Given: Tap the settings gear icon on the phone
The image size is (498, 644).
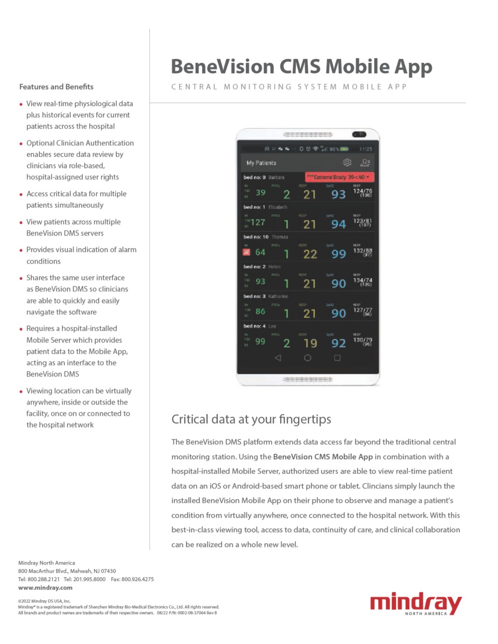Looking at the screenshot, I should click(347, 163).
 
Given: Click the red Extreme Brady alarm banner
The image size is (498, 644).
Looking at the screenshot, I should click(340, 177).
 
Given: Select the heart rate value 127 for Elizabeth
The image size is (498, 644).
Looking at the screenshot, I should click(258, 222).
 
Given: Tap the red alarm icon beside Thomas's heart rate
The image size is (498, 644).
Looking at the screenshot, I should click(246, 253).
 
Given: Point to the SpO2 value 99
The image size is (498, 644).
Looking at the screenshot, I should click(339, 254).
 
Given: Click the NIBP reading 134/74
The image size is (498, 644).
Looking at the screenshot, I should click(362, 281).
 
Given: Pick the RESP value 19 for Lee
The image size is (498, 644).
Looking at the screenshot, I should click(310, 343).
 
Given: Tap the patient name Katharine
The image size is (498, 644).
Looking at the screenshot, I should click(278, 296).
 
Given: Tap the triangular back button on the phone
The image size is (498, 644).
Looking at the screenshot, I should click(278, 358).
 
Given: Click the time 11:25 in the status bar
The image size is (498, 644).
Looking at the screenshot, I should click(366, 149).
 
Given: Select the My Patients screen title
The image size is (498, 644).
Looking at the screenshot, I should click(261, 163).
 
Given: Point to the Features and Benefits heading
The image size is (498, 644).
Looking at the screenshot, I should click(56, 87).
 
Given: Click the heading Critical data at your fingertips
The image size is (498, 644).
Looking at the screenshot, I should click(251, 419).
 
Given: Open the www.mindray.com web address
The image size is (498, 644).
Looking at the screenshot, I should click(45, 588).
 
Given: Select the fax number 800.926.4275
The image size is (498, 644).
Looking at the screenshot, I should click(137, 579).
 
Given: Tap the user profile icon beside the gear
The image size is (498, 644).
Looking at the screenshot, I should click(366, 163).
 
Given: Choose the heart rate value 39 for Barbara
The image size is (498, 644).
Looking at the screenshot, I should click(261, 193).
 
